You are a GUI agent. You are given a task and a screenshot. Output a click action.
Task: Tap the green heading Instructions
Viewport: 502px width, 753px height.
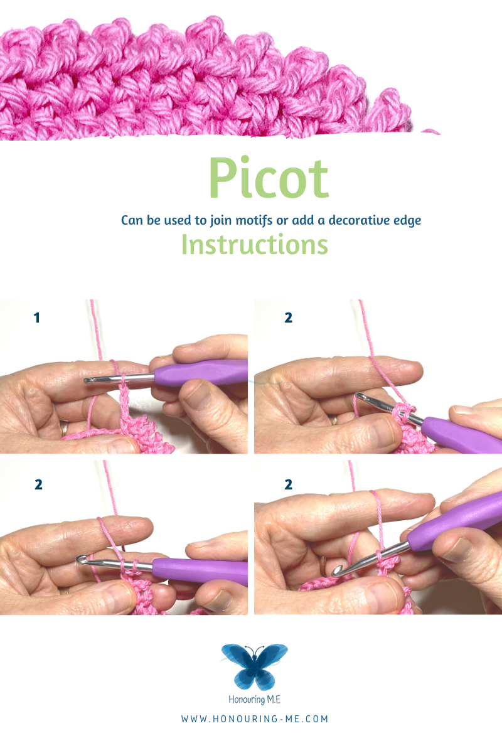[255, 244]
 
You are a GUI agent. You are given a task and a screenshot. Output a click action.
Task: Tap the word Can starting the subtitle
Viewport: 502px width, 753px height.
[132, 220]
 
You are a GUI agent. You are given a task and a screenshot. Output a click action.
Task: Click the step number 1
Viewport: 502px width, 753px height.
[37, 318]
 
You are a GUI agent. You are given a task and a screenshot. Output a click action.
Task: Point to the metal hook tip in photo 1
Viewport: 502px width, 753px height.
[87, 380]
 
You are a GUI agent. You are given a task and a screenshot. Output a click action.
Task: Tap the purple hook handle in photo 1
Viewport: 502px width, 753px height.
[201, 373]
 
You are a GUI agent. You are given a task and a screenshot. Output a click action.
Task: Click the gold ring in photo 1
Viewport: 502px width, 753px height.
[63, 428]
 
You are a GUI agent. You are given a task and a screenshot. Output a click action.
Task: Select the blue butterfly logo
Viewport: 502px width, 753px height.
[255, 666]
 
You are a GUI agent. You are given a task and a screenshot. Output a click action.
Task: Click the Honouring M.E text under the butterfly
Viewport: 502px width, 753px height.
[255, 700]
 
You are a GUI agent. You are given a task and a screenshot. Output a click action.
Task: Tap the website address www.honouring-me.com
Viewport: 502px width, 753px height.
[255, 718]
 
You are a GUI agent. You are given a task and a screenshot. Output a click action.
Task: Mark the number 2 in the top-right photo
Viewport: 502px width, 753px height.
[288, 318]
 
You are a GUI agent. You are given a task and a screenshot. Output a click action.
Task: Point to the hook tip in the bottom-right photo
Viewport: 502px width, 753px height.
[336, 571]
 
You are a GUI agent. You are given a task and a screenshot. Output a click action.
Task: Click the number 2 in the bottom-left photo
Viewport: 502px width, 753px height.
[39, 484]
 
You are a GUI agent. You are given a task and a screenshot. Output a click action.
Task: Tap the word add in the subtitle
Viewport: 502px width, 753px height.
[302, 220]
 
